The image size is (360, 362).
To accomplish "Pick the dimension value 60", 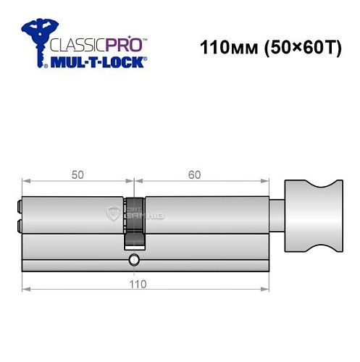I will (194, 174).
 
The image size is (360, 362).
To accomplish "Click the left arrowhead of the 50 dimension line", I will (25, 182).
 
